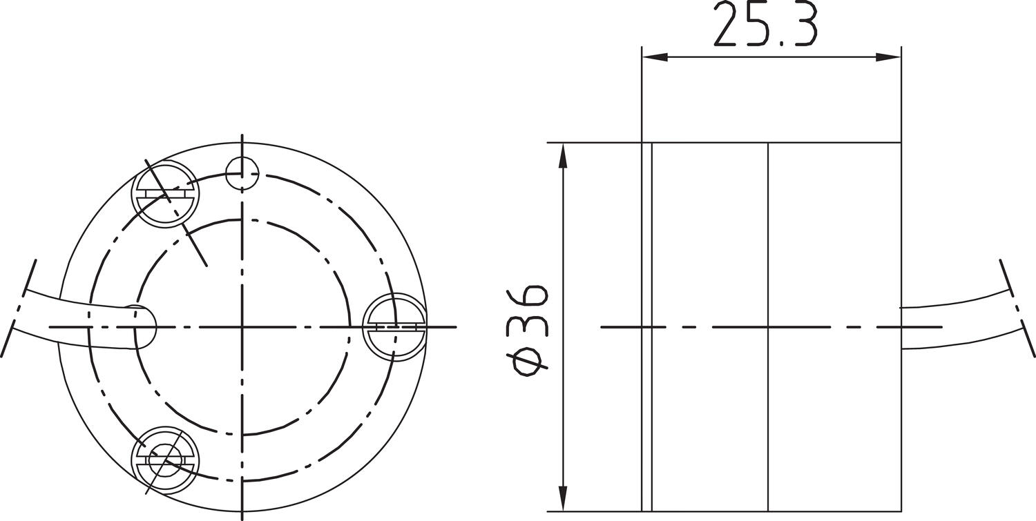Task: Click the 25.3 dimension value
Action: pyautogui.click(x=765, y=25)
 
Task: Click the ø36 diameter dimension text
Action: pyautogui.click(x=530, y=328)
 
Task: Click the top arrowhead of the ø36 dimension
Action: pyautogui.click(x=564, y=155)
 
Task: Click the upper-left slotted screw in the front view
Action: pyautogui.click(x=165, y=194)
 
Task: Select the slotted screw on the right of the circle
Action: pyautogui.click(x=394, y=326)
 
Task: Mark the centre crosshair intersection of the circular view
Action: pyautogui.click(x=242, y=326)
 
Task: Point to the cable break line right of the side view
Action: pyautogui.click(x=1017, y=307)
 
